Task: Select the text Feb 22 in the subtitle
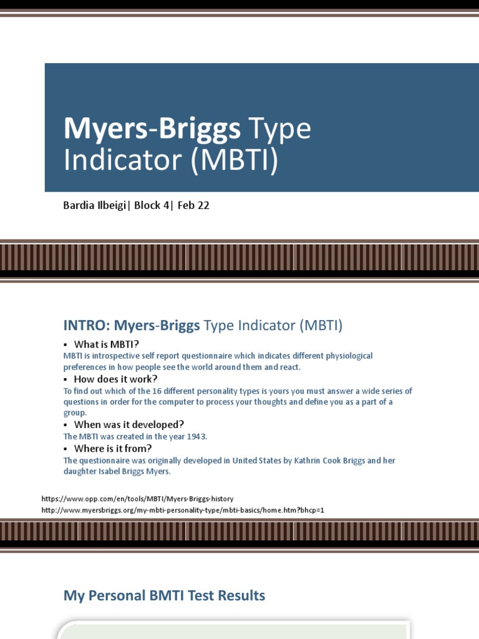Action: click(x=193, y=205)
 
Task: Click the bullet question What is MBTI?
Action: click(x=106, y=344)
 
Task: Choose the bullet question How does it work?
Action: click(x=115, y=379)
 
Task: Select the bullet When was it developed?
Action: click(x=129, y=424)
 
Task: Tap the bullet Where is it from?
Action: click(x=113, y=448)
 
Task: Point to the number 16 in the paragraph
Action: click(x=120, y=391)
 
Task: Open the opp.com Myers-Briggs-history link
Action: click(x=137, y=499)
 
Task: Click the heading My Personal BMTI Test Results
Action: click(x=164, y=596)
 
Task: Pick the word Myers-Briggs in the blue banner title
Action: click(x=152, y=129)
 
